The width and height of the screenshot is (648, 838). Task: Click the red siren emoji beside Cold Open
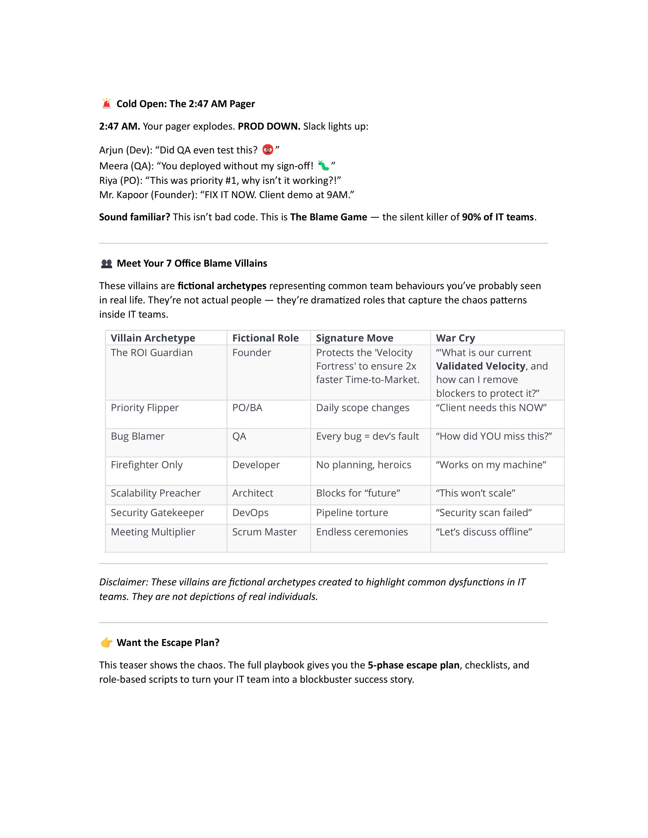point(106,104)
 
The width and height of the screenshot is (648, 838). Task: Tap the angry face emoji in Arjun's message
point(268,150)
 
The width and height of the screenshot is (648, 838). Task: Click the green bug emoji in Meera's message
point(323,166)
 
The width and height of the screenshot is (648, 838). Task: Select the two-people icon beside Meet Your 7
point(106,264)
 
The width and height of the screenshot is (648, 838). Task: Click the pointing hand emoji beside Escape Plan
point(106,643)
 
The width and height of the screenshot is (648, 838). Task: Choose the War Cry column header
point(455,338)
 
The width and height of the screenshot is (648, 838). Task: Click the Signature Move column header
point(354,338)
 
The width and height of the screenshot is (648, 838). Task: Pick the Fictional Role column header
point(265,338)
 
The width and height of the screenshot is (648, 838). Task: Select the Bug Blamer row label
point(137,436)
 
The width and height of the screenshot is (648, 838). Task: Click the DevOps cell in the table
point(250,513)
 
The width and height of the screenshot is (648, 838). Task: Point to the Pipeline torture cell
point(352,513)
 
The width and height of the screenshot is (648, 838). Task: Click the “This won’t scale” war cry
point(475,493)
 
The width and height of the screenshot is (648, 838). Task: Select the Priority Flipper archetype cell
point(145,407)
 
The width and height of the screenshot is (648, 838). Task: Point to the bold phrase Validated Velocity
point(480,366)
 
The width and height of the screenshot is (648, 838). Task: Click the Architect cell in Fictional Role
point(253,493)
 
